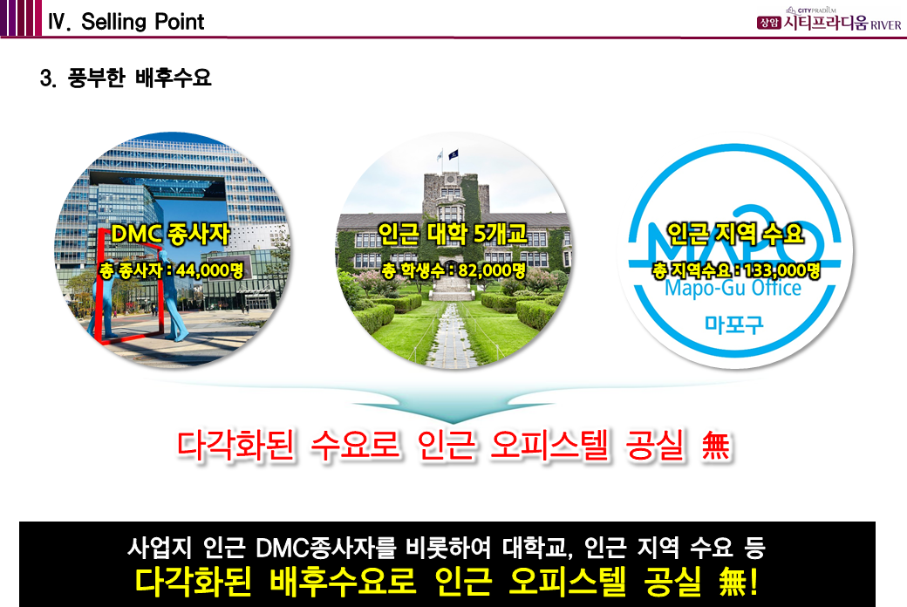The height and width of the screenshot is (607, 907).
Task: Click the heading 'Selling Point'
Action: click(x=142, y=22)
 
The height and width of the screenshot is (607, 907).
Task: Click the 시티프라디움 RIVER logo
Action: click(x=829, y=21)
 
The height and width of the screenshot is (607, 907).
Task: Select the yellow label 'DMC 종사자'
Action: click(x=170, y=234)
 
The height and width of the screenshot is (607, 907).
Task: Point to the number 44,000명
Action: click(x=210, y=269)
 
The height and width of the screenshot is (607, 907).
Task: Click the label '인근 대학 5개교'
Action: click(x=453, y=233)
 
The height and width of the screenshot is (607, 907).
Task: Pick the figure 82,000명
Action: click(x=492, y=269)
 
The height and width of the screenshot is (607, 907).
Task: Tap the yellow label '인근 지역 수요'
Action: click(x=735, y=233)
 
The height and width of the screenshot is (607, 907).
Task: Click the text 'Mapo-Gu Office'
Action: click(x=733, y=288)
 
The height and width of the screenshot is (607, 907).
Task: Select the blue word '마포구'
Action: click(x=734, y=324)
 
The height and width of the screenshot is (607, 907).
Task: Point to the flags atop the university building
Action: click(x=447, y=155)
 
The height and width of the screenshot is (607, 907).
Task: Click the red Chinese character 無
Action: click(x=715, y=446)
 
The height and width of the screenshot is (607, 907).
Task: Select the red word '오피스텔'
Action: click(x=549, y=446)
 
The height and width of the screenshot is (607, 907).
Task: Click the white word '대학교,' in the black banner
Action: click(x=537, y=547)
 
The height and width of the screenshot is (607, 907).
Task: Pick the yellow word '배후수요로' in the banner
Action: click(x=342, y=582)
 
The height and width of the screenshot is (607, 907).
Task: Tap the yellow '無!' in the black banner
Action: click(x=738, y=582)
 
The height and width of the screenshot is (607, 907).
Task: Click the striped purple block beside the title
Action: click(x=22, y=18)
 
